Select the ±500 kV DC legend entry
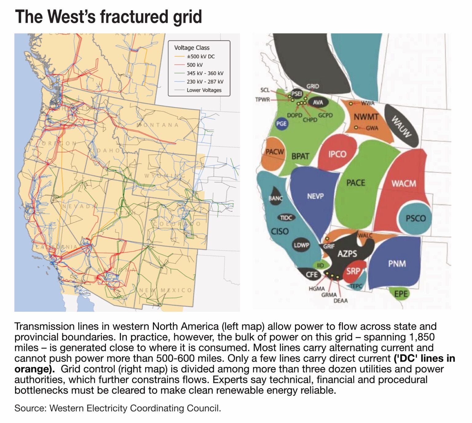pyautogui.click(x=200, y=57)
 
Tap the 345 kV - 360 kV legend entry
pyautogui.click(x=205, y=73)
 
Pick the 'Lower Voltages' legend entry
pyautogui.click(x=204, y=90)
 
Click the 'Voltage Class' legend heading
pyautogui.click(x=192, y=48)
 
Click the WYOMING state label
pyautogui.click(x=165, y=176)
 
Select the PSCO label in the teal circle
pyautogui.click(x=415, y=218)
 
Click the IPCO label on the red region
pyautogui.click(x=337, y=154)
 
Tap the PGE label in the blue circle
pyautogui.click(x=281, y=124)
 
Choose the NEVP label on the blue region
pyautogui.click(x=315, y=196)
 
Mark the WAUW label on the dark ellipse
pyautogui.click(x=401, y=126)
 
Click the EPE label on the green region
pyautogui.click(x=401, y=294)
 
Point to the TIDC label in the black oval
pyautogui.click(x=286, y=218)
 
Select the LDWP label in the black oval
pyautogui.click(x=301, y=245)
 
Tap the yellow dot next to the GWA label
pyautogui.click(x=356, y=127)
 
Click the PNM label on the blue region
pyautogui.click(x=397, y=264)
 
